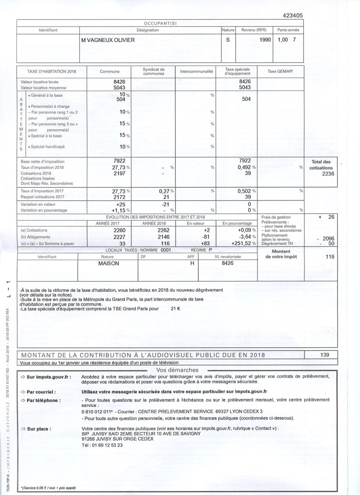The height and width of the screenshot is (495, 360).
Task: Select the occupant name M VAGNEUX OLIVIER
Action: tap(108, 40)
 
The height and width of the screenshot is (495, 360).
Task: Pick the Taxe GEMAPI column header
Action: tap(280, 71)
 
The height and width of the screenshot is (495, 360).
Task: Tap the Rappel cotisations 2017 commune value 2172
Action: tap(119, 197)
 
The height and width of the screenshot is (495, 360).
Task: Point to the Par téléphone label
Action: tap(45, 401)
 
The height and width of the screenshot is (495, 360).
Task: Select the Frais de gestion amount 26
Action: tap(331, 217)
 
